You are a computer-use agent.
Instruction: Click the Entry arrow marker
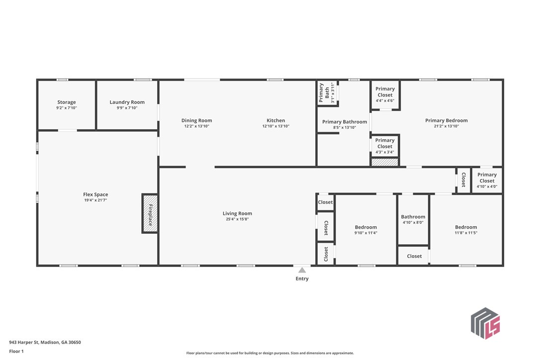[x=302, y=270]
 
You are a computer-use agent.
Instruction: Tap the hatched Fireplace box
[x=150, y=214]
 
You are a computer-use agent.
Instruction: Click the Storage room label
[x=67, y=102]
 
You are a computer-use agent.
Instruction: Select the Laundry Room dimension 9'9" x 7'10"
[x=127, y=108]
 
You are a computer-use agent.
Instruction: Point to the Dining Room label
[x=196, y=120]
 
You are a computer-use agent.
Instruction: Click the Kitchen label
[x=276, y=120]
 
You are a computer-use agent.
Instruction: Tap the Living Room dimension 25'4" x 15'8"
[x=237, y=219]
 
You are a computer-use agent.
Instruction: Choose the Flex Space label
[x=95, y=194]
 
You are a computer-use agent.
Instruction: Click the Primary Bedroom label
[x=447, y=120]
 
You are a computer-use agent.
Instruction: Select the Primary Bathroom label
[x=345, y=122]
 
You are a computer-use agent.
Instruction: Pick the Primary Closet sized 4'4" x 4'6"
[x=385, y=94]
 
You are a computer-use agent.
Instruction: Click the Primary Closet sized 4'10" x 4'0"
[x=487, y=180]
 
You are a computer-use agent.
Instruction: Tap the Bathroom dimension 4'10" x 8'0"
[x=413, y=223]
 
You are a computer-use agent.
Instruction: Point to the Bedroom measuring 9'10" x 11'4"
[x=366, y=230]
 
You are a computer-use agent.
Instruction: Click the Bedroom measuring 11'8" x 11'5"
[x=466, y=230]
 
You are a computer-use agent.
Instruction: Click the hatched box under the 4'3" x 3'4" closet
[x=385, y=162]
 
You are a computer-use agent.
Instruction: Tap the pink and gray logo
[x=485, y=323]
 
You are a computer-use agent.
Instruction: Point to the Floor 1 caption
[x=16, y=351]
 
